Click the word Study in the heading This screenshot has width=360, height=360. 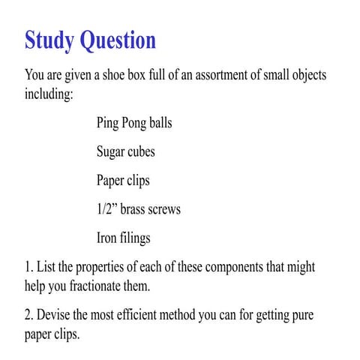(52, 40)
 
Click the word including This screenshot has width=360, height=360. (49, 95)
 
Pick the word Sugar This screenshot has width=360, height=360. (112, 151)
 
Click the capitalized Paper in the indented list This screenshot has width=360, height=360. (112, 181)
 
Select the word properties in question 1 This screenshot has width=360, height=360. (109, 268)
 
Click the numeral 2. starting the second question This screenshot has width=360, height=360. (29, 315)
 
